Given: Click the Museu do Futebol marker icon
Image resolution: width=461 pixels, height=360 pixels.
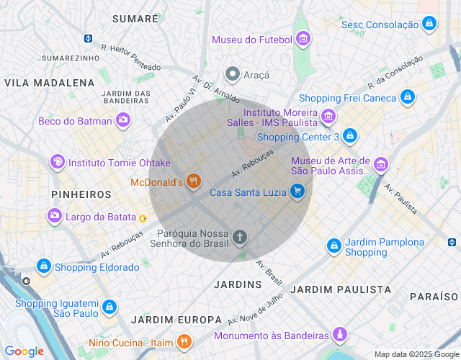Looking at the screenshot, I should (x=303, y=39).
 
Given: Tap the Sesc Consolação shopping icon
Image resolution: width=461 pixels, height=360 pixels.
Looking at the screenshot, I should (x=429, y=24).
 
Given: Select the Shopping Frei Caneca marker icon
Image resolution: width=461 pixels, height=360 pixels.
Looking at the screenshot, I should (x=408, y=97).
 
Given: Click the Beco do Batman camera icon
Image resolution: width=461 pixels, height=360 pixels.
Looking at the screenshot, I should (x=124, y=120).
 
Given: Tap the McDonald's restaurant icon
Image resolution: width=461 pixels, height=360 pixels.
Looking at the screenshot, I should (x=192, y=182).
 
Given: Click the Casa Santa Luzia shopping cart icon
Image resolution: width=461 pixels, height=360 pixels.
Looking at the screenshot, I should (x=297, y=192).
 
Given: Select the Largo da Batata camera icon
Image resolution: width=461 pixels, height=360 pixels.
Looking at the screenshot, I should (x=55, y=215).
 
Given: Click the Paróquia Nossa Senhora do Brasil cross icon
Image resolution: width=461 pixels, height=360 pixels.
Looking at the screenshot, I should (x=240, y=236).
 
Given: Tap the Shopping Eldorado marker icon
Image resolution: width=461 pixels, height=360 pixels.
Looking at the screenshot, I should (x=43, y=266).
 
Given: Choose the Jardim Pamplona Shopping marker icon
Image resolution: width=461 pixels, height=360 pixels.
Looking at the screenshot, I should (x=334, y=246).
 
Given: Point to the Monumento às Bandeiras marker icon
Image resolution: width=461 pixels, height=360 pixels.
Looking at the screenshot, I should (x=340, y=335).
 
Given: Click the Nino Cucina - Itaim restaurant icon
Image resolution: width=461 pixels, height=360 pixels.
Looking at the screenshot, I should (x=185, y=342).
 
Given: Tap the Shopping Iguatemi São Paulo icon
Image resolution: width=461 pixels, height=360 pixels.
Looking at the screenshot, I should (x=109, y=307).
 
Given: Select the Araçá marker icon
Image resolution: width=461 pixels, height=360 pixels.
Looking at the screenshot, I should (x=232, y=74).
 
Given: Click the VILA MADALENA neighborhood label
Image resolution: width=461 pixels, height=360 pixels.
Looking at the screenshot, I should (x=50, y=83).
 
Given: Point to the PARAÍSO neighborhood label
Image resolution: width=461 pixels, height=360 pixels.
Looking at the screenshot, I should (x=434, y=297).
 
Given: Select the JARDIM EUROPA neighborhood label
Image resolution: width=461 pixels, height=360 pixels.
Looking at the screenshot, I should (x=176, y=319).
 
